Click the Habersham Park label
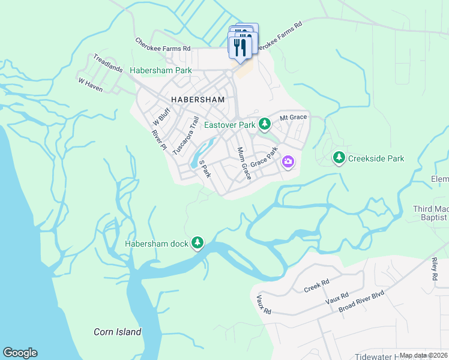pos(161,71)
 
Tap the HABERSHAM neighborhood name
pos(197,100)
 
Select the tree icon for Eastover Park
pos(265,125)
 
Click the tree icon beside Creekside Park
pos(339,158)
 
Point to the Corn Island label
pos(118,332)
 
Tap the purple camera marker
pos(288,162)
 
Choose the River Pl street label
pos(158,139)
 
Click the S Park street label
pos(205,168)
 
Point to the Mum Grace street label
pos(243,164)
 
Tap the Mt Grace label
pos(293,118)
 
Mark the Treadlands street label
pos(107,63)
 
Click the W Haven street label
pos(90,84)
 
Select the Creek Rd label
pos(317,282)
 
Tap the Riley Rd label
pos(433,270)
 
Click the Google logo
pos(20,353)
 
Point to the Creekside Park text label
pos(376,158)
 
